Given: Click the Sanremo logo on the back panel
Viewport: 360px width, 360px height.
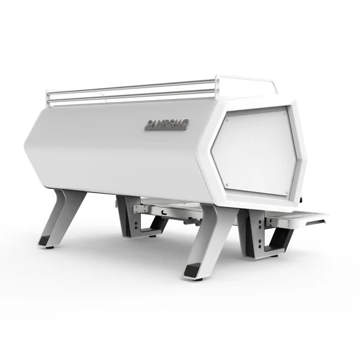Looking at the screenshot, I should coord(167,124).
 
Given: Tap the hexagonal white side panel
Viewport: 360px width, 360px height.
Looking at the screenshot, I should coord(256,152).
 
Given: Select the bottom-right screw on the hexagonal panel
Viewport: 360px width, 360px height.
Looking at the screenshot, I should coord(287,193).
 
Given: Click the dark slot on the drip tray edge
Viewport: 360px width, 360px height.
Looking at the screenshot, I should coord(316,221).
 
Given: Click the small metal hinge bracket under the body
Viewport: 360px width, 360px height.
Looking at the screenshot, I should coord(142,208).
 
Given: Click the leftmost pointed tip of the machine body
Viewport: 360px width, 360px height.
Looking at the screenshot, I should coord(25,144).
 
